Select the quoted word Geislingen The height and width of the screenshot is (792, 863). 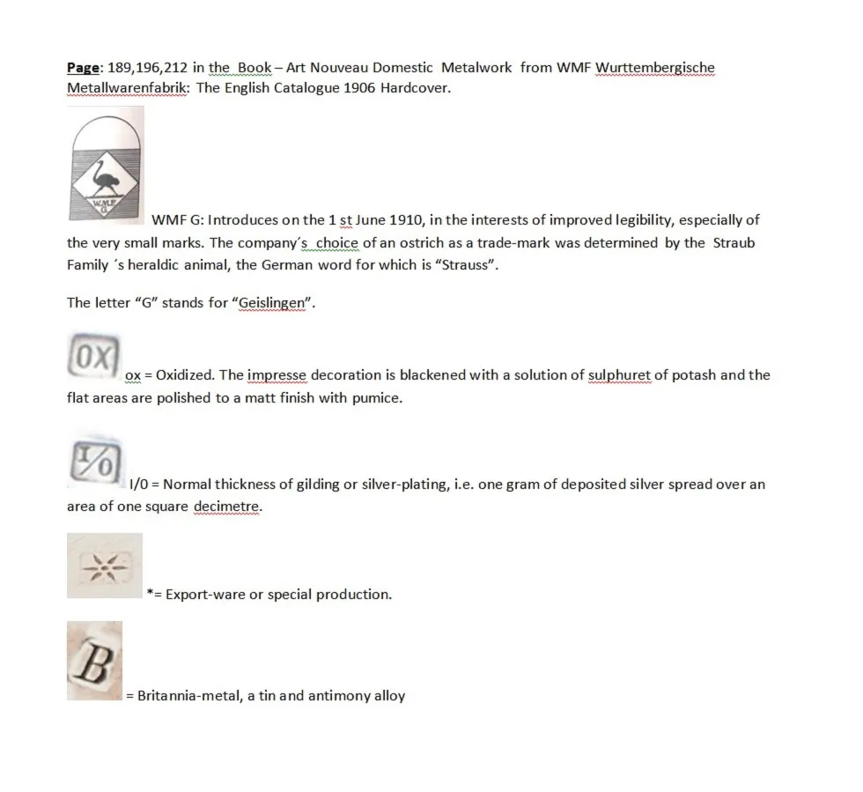273,303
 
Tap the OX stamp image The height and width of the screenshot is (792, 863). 92,358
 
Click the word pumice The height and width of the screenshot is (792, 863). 379,398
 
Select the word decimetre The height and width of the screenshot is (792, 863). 227,507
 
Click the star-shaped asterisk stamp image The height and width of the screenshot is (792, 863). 105,565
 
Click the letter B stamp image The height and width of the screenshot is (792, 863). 94,661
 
